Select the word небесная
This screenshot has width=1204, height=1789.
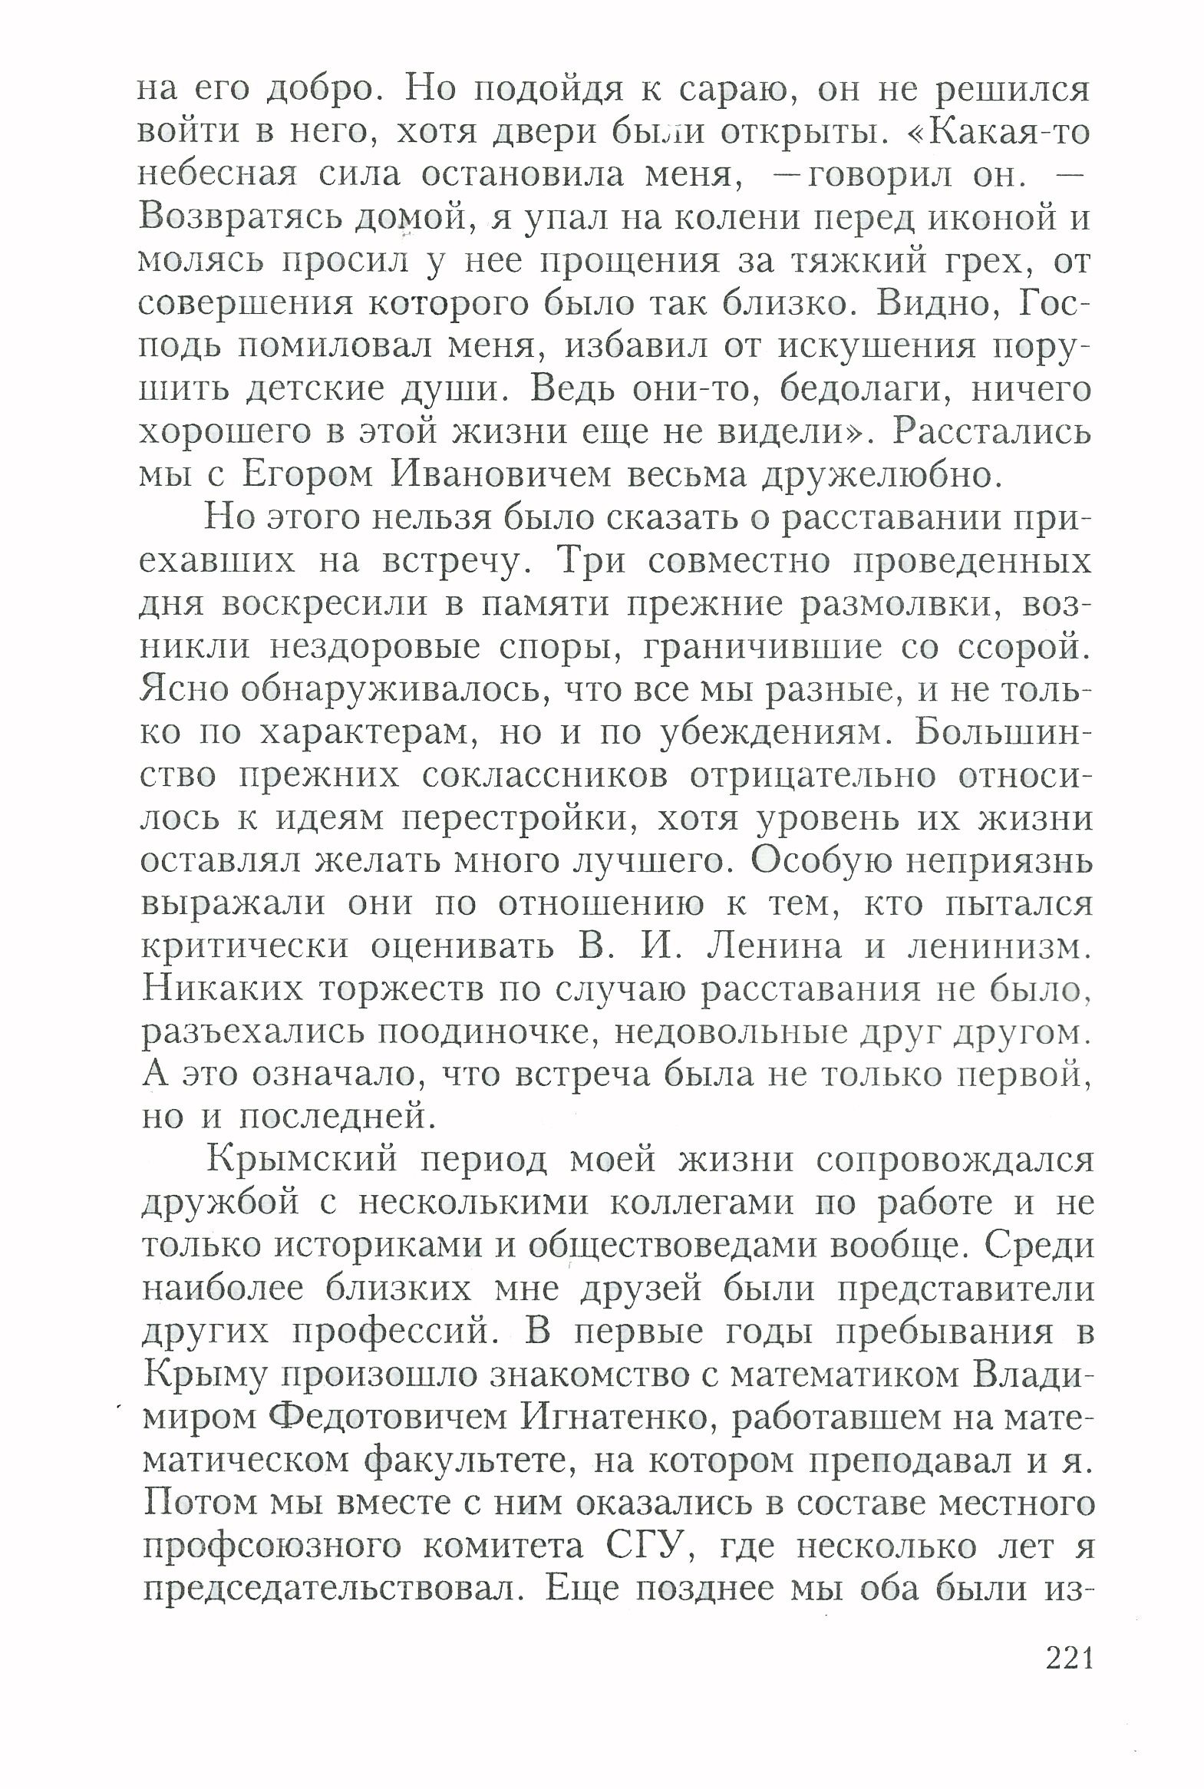217,175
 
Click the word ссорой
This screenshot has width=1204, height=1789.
1024,647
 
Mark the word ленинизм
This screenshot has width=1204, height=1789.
1000,947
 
